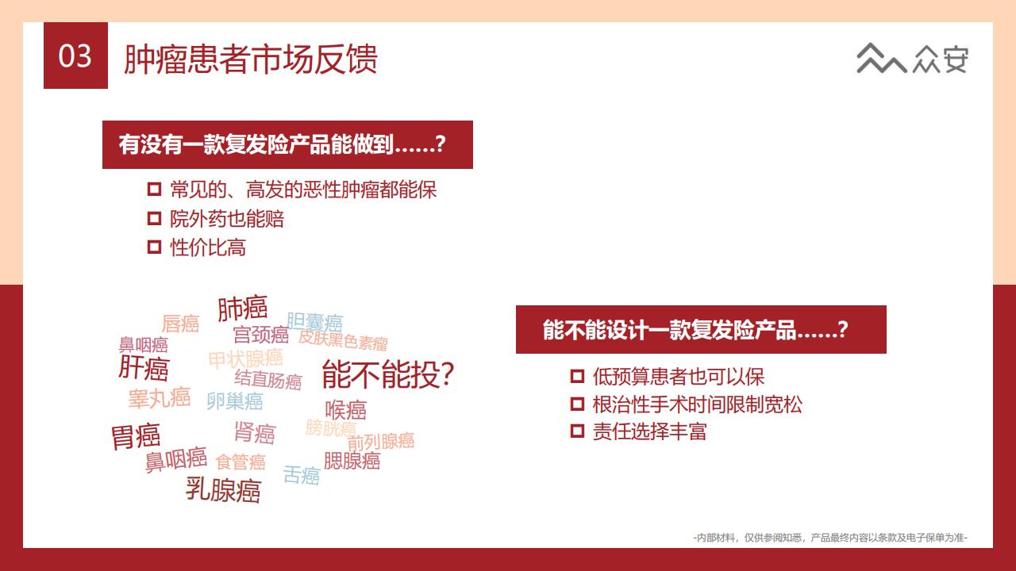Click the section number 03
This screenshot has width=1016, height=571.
(75, 56)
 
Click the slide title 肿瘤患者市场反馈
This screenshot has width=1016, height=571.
(250, 59)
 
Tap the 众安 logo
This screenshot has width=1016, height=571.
(912, 59)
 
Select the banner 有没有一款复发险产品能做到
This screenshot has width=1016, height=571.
(287, 144)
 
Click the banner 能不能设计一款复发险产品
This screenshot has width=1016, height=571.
(701, 329)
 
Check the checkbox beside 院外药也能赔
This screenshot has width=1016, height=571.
(154, 219)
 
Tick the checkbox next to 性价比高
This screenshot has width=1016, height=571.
(154, 247)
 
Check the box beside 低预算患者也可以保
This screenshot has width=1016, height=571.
(577, 377)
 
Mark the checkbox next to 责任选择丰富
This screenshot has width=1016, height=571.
(577, 431)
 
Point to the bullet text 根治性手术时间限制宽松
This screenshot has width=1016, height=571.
(697, 404)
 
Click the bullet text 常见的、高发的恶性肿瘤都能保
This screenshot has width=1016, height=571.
(303, 190)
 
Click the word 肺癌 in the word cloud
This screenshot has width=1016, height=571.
(242, 308)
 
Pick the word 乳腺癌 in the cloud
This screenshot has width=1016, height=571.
(223, 490)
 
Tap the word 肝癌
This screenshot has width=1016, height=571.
(144, 367)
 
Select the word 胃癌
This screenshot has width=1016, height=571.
(136, 436)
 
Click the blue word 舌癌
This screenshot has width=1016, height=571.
(301, 475)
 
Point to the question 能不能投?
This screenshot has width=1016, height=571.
(388, 374)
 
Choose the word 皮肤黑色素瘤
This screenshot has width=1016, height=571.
(343, 340)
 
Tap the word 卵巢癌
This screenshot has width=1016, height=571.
(234, 401)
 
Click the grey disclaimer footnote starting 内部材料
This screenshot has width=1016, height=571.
(830, 538)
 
